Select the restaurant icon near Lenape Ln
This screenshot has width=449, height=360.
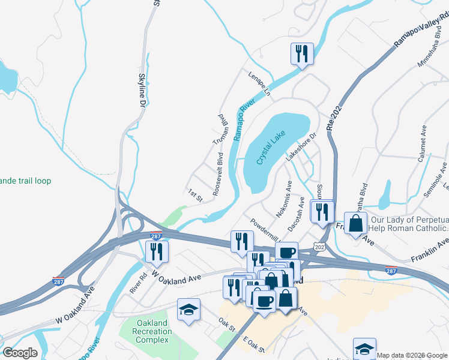tap(301, 53)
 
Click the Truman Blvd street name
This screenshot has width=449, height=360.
tap(222, 129)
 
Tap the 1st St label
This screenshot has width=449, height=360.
tap(196, 194)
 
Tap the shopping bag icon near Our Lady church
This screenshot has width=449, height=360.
tap(356, 223)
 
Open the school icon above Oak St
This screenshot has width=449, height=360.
tap(188, 310)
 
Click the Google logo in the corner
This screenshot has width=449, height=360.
tap(20, 352)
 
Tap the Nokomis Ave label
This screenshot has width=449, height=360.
tap(283, 197)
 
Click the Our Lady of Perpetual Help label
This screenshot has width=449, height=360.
tap(409, 224)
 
